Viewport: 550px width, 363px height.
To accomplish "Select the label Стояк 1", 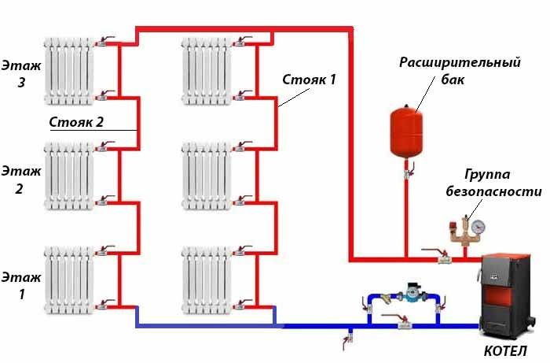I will click(x=310, y=80).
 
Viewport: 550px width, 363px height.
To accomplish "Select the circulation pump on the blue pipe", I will click(x=410, y=296).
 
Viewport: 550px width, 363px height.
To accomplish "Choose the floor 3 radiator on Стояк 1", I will click(x=207, y=69).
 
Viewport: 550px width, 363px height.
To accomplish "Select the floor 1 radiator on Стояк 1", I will click(x=207, y=279).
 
